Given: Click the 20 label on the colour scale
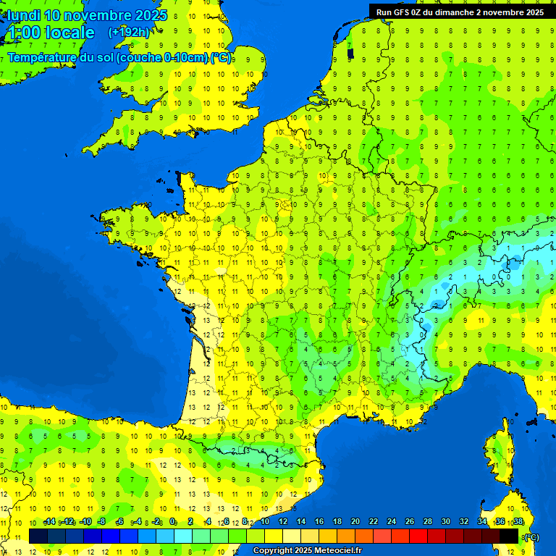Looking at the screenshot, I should click(x=355, y=521).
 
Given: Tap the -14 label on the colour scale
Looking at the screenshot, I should click(x=50, y=521).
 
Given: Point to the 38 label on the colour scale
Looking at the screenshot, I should click(x=518, y=521).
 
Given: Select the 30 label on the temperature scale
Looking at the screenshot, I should click(x=445, y=521).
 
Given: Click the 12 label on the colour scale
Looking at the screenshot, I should click(x=283, y=521).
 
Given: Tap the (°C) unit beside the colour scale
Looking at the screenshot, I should click(x=531, y=536).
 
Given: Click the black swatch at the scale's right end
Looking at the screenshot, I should click(x=510, y=536).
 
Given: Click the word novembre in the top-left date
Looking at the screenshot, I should click(x=98, y=15).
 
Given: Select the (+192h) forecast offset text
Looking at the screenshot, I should click(x=129, y=32).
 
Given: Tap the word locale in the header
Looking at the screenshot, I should click(x=69, y=33).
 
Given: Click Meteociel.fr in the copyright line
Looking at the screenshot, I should click(x=334, y=550).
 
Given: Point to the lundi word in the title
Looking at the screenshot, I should click(x=23, y=15).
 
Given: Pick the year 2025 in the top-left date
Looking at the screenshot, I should click(x=151, y=15).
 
